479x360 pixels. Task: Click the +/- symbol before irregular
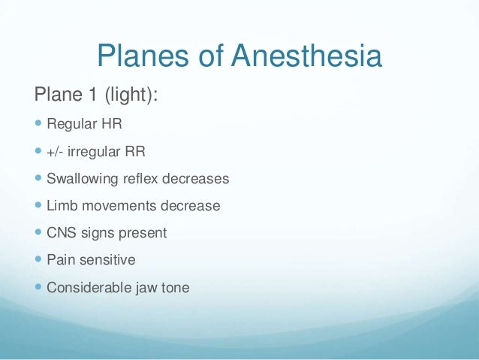point(56,153)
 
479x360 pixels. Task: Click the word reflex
point(137,180)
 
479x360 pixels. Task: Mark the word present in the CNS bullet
point(143,233)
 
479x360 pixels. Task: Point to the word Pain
point(60,260)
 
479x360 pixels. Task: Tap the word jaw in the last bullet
point(142,287)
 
